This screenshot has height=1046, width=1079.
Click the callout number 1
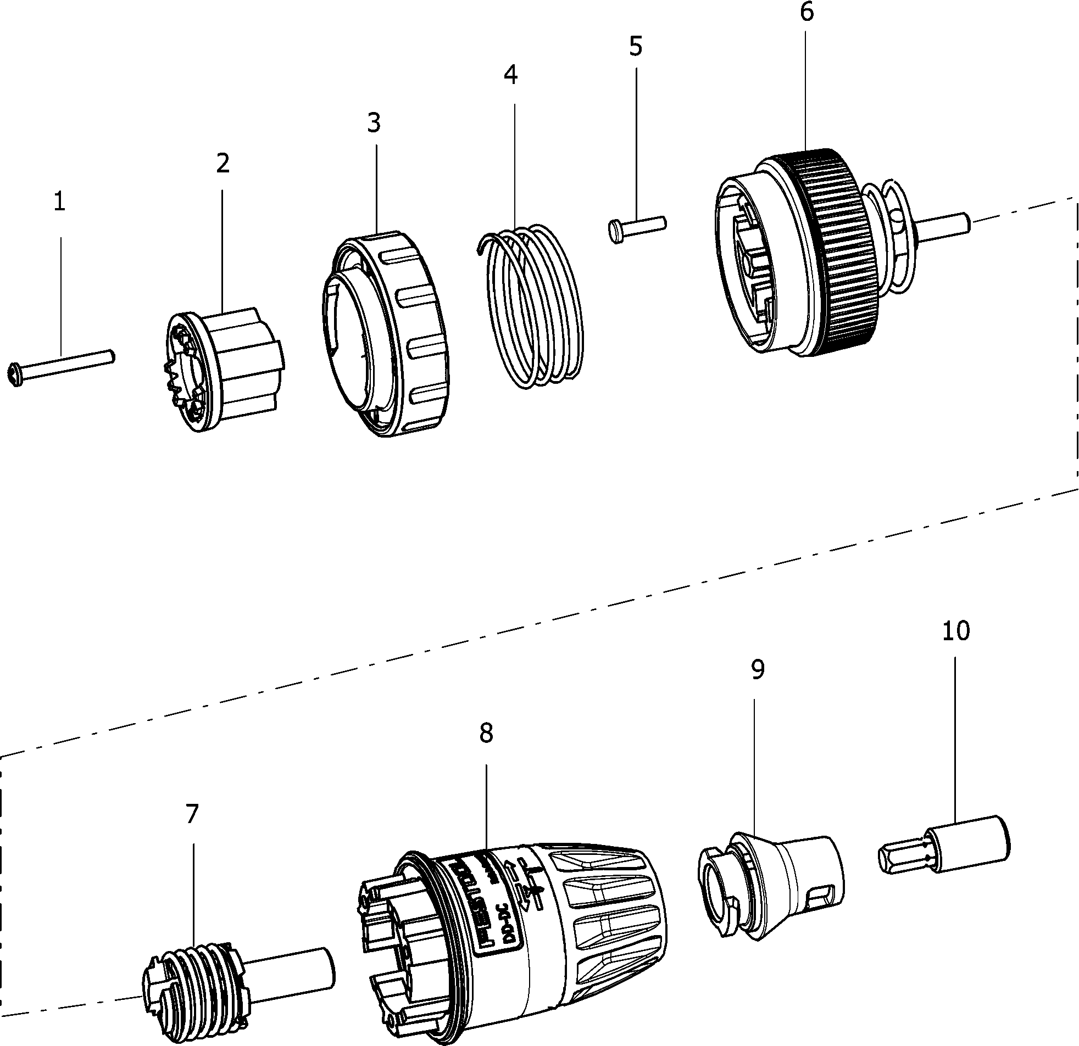(x=60, y=203)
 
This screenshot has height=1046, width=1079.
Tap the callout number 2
(x=223, y=164)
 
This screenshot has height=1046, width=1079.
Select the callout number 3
(x=374, y=123)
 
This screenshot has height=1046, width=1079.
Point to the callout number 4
(x=510, y=75)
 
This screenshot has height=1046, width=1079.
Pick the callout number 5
(x=635, y=47)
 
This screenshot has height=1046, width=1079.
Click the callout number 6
(x=807, y=12)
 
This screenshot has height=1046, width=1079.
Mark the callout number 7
(x=192, y=814)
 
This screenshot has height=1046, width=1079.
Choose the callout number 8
(x=486, y=733)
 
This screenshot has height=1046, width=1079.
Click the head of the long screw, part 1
(x=15, y=376)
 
